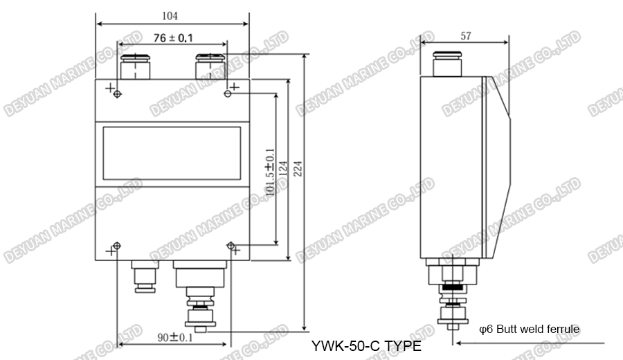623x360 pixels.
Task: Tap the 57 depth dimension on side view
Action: click(464, 36)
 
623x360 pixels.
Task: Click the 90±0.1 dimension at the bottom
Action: click(174, 337)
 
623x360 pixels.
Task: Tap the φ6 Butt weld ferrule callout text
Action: click(529, 329)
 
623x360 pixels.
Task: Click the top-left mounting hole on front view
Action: click(117, 93)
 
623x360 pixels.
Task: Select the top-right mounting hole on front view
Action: click(228, 93)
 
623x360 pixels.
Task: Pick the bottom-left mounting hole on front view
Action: click(116, 246)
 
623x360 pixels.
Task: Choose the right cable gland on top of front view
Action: click(208, 67)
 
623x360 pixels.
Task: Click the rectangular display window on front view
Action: click(172, 152)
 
